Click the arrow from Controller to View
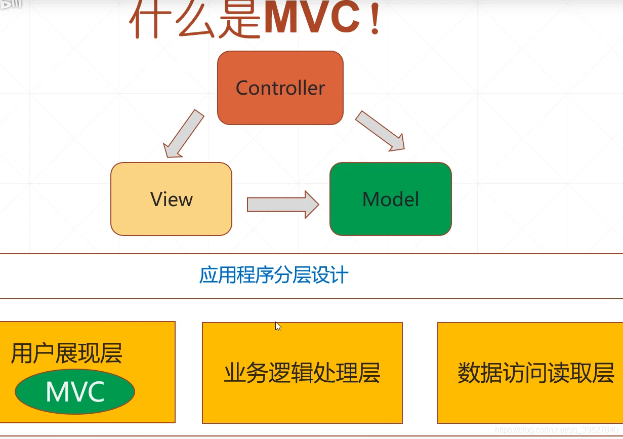(x=183, y=133)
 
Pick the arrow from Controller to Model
(x=380, y=131)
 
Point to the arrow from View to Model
(x=282, y=205)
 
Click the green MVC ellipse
(x=75, y=392)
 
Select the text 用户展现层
(x=67, y=353)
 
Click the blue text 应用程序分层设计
(x=274, y=275)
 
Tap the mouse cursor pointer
(x=278, y=327)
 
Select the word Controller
(x=280, y=88)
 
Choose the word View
(x=172, y=199)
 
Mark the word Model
(x=391, y=199)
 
